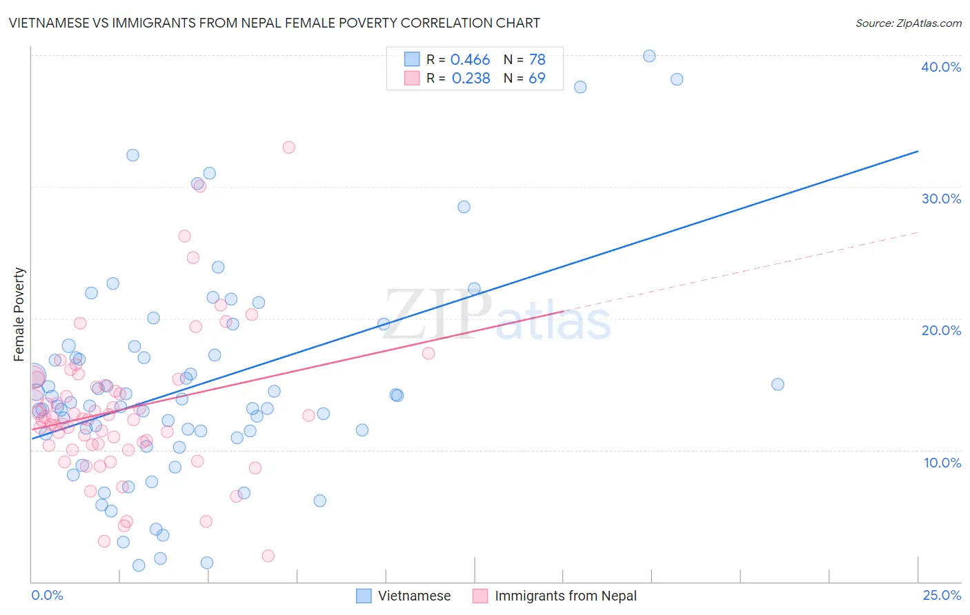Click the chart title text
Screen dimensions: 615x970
point(274,23)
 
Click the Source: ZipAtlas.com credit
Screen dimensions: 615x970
point(908,23)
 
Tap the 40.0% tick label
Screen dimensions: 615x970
point(941,67)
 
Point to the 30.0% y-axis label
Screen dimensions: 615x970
point(941,199)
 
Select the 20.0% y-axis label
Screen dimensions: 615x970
point(941,330)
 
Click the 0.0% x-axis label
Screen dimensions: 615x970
point(47,595)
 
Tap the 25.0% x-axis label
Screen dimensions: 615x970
point(942,595)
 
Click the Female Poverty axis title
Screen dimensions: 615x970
point(19,314)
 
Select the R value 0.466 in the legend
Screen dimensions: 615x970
point(470,60)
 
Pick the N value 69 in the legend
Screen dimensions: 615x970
point(537,79)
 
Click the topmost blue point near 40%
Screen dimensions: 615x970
point(649,56)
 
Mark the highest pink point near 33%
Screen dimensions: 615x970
point(289,148)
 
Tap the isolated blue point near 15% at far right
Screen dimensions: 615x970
point(778,385)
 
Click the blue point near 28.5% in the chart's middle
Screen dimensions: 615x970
point(464,207)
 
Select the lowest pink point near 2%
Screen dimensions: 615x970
point(268,556)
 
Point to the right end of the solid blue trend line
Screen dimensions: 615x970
point(918,151)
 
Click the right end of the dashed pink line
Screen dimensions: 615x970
point(918,232)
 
